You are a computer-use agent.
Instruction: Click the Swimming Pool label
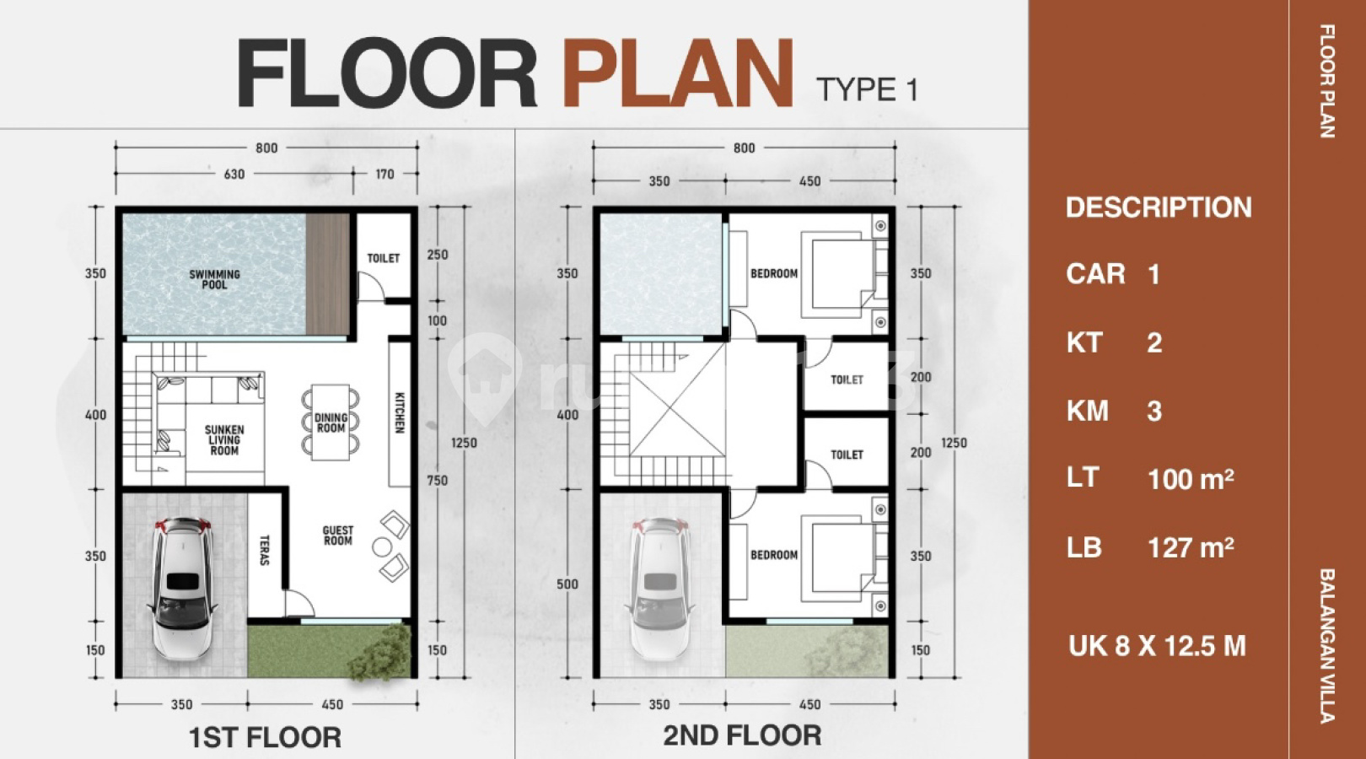215,279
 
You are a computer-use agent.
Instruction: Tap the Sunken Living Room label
224,440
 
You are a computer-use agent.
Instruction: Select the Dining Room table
331,423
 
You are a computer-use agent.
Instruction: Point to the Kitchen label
400,412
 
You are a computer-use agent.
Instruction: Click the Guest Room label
338,535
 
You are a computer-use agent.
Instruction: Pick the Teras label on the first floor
265,550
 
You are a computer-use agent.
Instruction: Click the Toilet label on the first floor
384,258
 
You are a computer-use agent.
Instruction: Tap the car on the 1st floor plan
182,589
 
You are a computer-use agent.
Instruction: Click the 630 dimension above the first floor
234,175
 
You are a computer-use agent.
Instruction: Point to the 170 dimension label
385,175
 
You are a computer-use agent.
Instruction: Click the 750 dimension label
438,481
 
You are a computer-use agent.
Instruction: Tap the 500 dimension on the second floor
567,584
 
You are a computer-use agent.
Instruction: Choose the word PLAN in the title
678,73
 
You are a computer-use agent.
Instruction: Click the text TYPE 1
867,89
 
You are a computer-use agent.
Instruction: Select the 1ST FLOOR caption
265,737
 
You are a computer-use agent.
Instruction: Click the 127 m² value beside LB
1191,547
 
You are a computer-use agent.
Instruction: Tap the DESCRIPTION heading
1159,207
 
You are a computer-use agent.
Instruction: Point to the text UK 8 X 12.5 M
1157,645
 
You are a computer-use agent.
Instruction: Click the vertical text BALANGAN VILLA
1327,646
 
